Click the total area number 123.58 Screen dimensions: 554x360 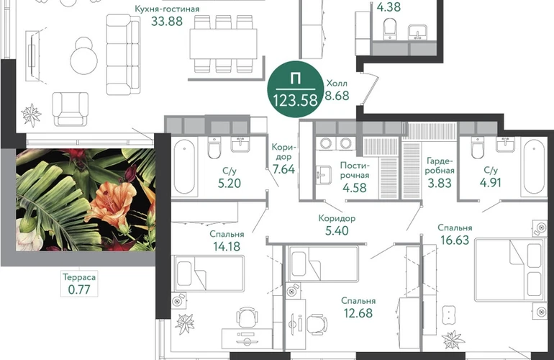295,100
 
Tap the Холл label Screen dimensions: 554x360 337,84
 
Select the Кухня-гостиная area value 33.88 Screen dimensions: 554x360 167,21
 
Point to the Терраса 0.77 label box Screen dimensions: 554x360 79,283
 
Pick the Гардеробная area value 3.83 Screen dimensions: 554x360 439,183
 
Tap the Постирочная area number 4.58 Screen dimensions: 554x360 355,187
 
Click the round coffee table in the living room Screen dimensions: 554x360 84,57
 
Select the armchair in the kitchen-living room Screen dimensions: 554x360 71,109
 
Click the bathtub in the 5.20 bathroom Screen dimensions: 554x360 184,166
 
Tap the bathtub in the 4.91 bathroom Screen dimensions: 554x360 534,166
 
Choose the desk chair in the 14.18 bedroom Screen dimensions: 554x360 246,318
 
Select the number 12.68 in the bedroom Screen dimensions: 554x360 358,313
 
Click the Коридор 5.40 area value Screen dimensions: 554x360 337,230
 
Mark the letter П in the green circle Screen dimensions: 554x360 296,78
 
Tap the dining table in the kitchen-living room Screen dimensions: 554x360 223,43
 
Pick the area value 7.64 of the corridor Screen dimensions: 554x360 283,169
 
